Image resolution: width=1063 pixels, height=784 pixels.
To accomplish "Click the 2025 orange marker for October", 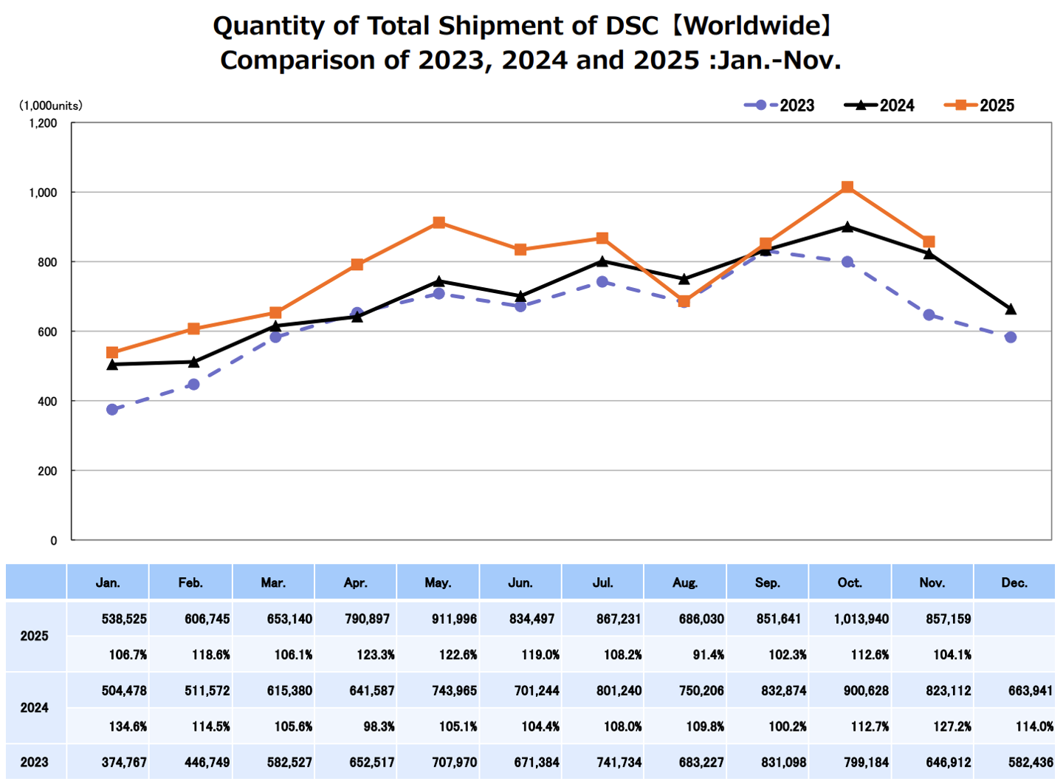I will coord(847,188).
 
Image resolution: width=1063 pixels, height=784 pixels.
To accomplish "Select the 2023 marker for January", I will coord(112,410).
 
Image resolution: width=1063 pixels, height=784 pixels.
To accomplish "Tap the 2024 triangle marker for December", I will coord(1011,309).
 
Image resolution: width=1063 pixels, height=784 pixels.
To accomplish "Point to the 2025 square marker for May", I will coord(439,223).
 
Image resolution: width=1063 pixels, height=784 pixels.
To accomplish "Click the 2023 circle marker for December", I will coord(1011,337).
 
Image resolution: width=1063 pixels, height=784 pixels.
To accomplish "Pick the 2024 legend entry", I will coord(879,106).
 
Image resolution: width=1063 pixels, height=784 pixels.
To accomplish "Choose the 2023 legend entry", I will coord(780,106).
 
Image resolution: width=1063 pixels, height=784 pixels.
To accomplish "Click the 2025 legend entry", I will coord(980,106).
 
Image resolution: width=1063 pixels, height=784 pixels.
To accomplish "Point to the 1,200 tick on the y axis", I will coord(43,123).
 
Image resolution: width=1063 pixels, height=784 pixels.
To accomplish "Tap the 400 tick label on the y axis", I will coord(47,402).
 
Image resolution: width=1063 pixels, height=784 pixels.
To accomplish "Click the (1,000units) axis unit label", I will coord(50,106).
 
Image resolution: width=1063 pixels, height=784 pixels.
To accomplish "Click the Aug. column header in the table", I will coord(685,582).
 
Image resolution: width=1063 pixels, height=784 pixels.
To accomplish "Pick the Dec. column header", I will coord(1014,582).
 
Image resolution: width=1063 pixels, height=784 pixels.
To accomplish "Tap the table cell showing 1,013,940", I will coord(861,619).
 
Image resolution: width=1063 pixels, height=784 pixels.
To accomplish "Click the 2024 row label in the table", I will coord(35,708).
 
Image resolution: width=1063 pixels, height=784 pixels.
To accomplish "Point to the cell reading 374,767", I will coord(124,762).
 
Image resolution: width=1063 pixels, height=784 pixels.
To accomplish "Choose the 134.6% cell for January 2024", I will coord(128,726).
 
